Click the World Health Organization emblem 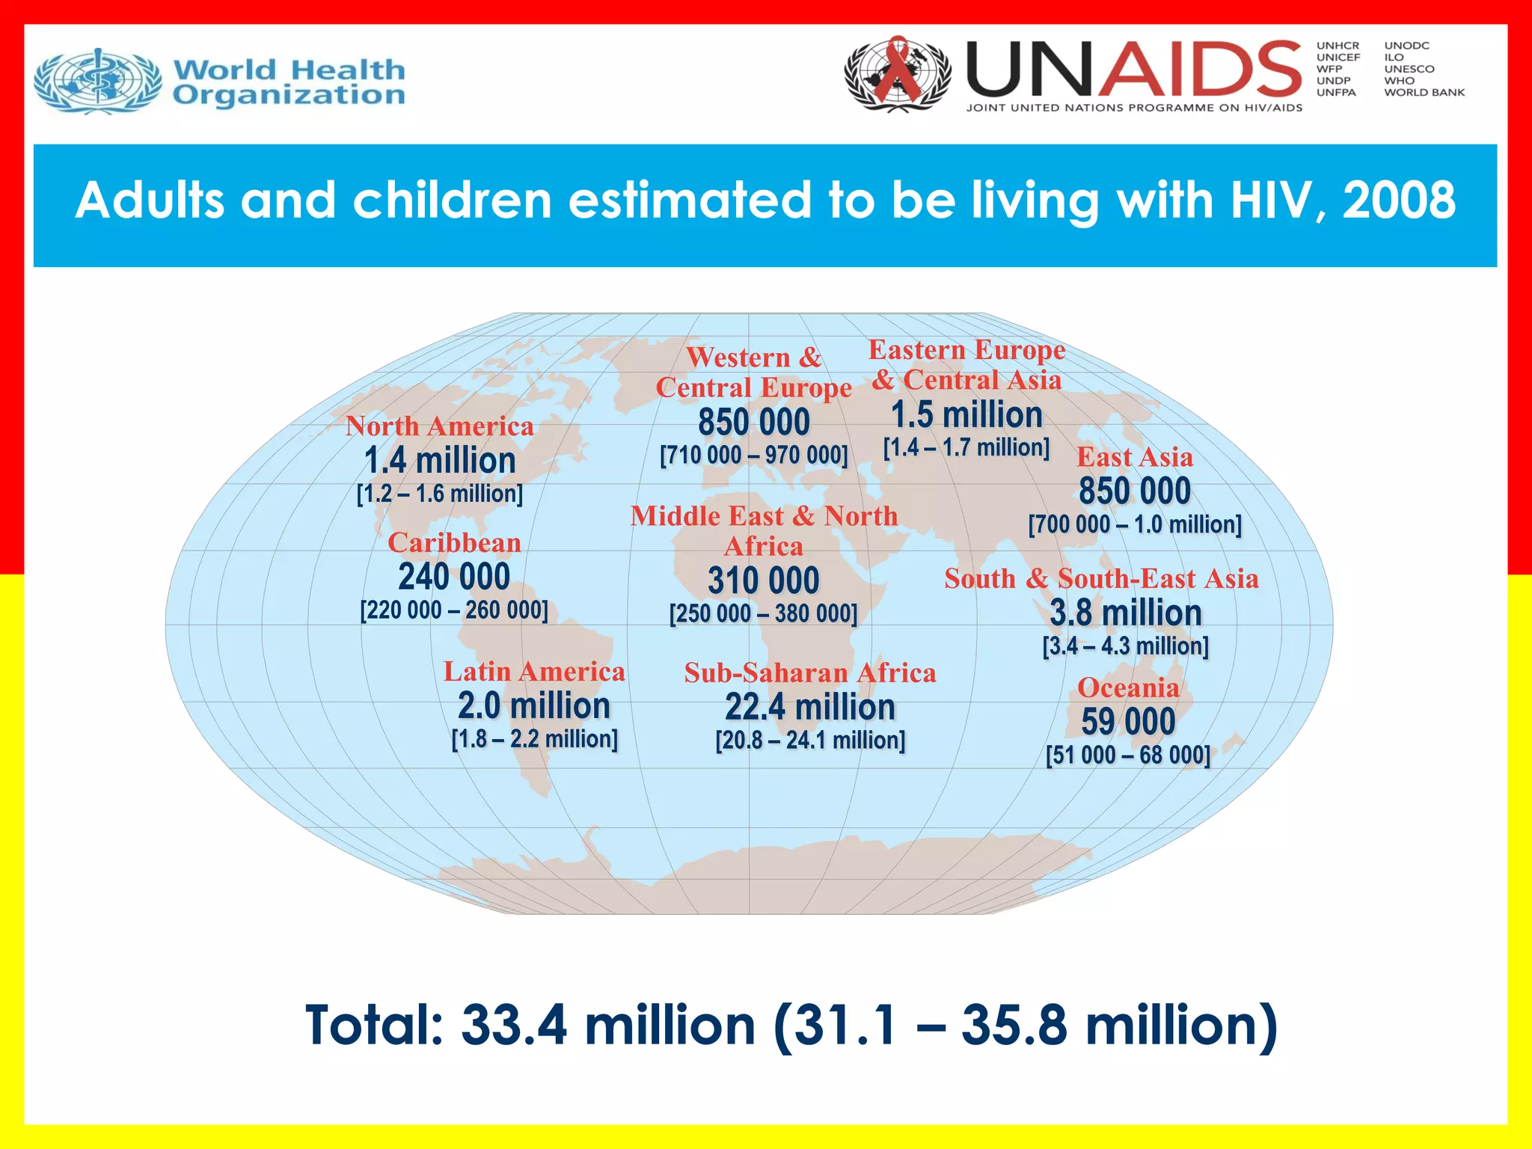point(98,81)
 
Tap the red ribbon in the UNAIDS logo point(897,71)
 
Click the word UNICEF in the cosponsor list point(1338,58)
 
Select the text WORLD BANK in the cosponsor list point(1424,93)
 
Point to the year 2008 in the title point(1399,200)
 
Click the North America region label point(440,426)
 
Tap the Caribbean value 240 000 point(454,577)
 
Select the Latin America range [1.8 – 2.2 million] point(535,739)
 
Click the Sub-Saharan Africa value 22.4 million point(810,707)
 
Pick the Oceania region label point(1128,687)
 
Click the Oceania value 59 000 point(1128,722)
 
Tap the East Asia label point(1135,457)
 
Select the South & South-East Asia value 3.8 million point(1126,613)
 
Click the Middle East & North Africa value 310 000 point(764,580)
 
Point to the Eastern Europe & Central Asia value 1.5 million point(966,414)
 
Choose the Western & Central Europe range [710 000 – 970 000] point(754,455)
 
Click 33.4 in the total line point(515,1025)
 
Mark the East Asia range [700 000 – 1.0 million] point(1135,524)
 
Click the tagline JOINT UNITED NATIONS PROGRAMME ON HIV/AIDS point(1134,108)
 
